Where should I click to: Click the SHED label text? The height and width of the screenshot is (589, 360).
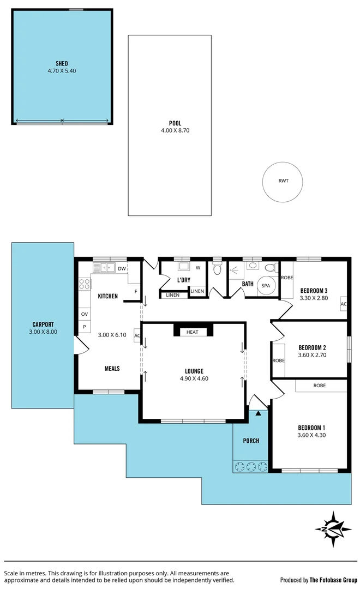[62, 63]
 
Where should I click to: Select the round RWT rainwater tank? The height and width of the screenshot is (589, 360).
[283, 181]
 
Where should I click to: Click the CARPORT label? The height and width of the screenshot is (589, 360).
[43, 324]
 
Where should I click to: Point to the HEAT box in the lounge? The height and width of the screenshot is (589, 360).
[193, 332]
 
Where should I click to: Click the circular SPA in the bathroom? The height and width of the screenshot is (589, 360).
[266, 286]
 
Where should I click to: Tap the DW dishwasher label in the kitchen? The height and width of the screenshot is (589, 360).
[122, 268]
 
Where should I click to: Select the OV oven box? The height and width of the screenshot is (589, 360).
[85, 315]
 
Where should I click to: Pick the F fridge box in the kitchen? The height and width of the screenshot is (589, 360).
[135, 291]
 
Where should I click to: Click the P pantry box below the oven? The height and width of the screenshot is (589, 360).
[85, 327]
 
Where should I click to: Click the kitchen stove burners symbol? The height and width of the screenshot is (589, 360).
[85, 284]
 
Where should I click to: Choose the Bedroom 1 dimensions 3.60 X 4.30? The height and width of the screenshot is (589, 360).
[311, 435]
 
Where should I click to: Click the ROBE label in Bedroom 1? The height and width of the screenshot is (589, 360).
[320, 386]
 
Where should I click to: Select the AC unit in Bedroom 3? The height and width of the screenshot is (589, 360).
[344, 304]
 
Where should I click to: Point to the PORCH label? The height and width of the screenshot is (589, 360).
[251, 441]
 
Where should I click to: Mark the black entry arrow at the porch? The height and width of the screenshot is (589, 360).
[259, 413]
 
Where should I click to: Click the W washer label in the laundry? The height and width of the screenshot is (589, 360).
[197, 268]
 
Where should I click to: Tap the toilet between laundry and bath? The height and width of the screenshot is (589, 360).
[217, 269]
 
